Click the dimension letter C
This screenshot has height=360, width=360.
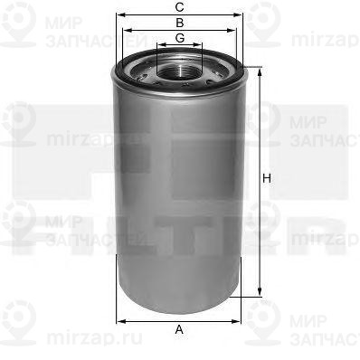pos(180,8)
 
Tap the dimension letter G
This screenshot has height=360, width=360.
pos(180,37)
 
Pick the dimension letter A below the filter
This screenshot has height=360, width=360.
pos(179,329)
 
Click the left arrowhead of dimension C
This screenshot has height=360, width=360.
pos(118,15)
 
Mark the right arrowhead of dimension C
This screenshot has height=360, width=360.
pos(242,15)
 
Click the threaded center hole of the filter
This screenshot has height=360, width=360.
pos(180,69)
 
